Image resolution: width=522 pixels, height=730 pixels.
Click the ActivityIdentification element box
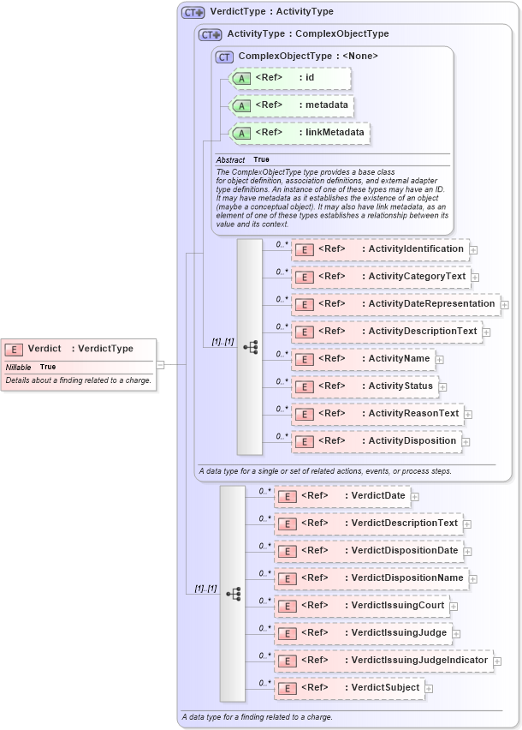coord(379,249)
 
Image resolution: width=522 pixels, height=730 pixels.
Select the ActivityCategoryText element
coord(380,277)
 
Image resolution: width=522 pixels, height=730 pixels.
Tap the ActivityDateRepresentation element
coord(394,304)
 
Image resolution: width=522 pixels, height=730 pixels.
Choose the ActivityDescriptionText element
coord(386,332)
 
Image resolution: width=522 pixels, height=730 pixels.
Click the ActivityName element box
coord(363,359)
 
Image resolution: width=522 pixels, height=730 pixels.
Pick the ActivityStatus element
coord(365,386)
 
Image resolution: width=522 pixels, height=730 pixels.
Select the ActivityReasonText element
coord(377,414)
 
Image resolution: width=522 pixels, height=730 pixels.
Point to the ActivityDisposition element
coord(376,441)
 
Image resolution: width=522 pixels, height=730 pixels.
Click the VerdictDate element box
coord(341,495)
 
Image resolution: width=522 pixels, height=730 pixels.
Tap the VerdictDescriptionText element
coord(367,523)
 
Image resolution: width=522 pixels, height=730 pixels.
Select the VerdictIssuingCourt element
coord(360,605)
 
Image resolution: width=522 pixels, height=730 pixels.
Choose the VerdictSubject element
coord(348,687)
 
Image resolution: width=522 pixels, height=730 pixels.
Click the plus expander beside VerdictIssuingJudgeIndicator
coord(497,661)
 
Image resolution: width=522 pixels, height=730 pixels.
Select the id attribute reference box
coord(290,78)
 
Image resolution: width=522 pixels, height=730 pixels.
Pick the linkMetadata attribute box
coord(300,133)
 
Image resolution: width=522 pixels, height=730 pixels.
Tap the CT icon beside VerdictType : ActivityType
coord(193,12)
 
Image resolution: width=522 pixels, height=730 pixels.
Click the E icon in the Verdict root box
coord(15,349)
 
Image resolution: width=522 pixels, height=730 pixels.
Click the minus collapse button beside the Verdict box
coord(160,364)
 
